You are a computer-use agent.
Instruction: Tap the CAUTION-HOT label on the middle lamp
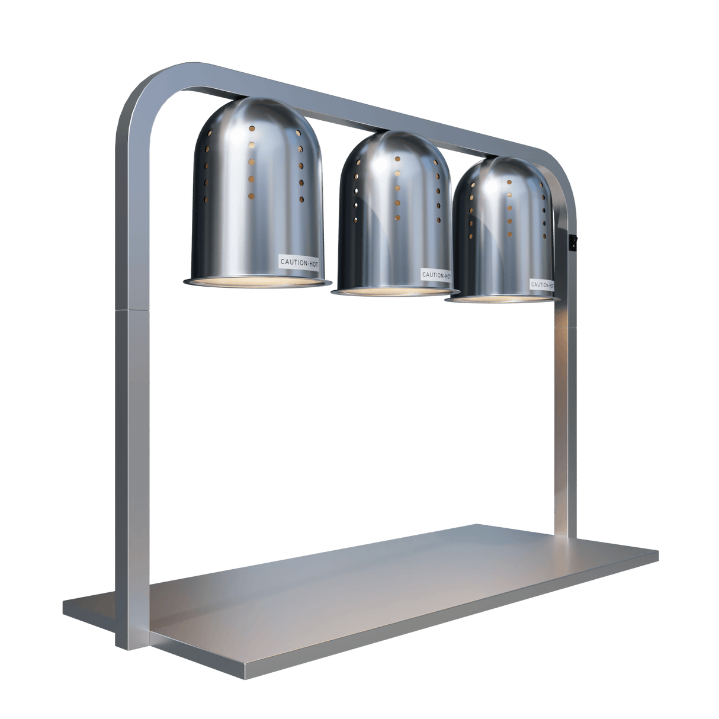pos(435,275)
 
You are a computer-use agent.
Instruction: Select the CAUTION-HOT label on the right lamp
pos(541,284)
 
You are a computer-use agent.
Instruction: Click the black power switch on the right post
pos(572,242)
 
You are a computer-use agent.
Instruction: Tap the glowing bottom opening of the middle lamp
pos(395,292)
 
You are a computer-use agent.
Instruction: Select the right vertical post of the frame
pos(565,415)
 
